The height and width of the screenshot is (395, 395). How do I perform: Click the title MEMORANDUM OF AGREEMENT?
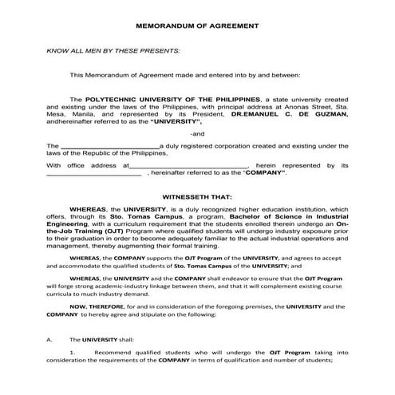pos(196,26)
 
